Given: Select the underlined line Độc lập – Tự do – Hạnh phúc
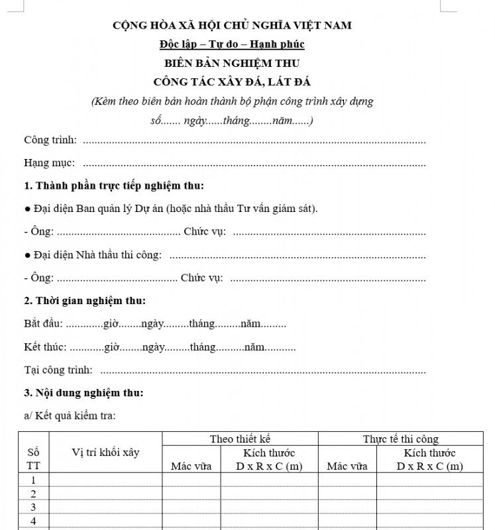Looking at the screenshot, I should (x=232, y=44).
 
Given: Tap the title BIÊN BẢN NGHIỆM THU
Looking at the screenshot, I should (x=232, y=64).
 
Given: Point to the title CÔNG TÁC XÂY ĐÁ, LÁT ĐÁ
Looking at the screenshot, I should (x=232, y=82).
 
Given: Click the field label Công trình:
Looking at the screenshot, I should (x=50, y=140).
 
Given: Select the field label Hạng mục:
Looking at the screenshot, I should (x=50, y=163).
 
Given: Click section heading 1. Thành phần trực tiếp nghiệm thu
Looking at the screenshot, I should (x=114, y=185).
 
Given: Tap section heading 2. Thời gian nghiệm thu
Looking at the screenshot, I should (x=85, y=301).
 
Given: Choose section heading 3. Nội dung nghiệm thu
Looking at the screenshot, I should (x=83, y=393).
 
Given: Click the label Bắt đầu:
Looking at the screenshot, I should (x=44, y=324).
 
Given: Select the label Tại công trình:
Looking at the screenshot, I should (x=58, y=370).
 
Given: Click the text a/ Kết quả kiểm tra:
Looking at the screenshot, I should (x=70, y=416).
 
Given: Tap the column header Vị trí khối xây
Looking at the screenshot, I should (x=106, y=452).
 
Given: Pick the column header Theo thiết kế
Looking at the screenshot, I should (x=240, y=439).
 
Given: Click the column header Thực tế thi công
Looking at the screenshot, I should (x=400, y=439).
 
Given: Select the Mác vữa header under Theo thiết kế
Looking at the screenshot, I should (x=191, y=466).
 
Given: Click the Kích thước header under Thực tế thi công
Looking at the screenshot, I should (x=429, y=453).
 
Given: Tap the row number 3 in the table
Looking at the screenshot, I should (x=33, y=507).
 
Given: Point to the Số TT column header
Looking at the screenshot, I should (x=33, y=458).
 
